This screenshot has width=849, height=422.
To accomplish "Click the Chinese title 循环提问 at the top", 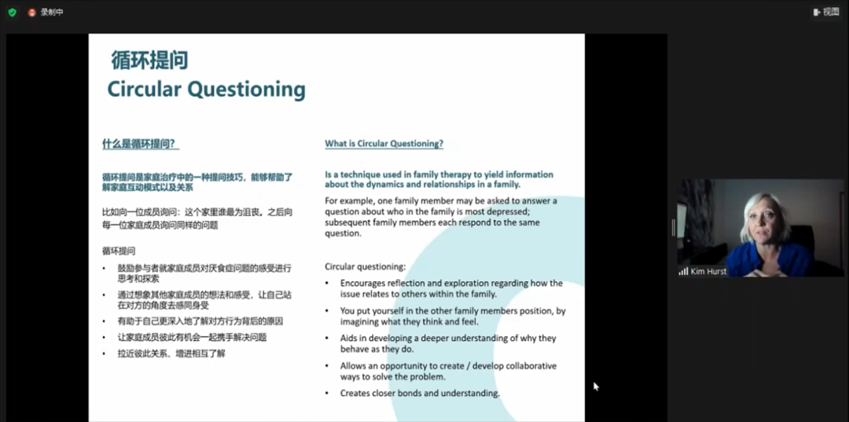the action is point(149,61).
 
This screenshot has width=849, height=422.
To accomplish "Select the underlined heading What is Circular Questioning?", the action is point(384,144).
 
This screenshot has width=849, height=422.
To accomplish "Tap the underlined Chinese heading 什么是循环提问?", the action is point(141,144).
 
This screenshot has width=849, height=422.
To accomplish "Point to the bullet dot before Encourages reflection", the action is point(327,284).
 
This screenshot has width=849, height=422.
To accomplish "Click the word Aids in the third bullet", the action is point(349,338).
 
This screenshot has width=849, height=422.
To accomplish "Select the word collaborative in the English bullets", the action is point(530,365).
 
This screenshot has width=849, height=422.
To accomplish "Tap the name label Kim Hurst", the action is point(708,272).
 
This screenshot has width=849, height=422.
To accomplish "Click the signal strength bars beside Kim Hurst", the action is point(683,272).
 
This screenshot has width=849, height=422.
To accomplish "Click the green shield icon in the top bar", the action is point(12,13).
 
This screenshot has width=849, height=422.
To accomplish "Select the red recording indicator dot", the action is point(32,13).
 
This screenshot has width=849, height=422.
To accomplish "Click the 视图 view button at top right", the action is point(825,12).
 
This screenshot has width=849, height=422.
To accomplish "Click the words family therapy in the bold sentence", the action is point(442,174).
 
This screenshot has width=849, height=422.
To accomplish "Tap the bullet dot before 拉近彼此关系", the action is point(105,354).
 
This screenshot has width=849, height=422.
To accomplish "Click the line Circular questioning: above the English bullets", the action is point(365,266).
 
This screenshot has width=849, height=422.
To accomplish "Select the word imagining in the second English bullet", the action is point(361,322).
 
